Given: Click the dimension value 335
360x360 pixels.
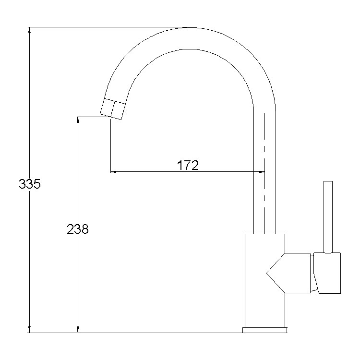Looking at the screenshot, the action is [30, 184].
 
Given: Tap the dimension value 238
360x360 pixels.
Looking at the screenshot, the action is [78, 229].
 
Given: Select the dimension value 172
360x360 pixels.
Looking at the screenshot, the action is [188, 165].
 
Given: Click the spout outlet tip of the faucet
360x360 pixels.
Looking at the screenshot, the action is [110, 117].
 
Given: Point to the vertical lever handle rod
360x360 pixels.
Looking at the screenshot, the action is [328, 217].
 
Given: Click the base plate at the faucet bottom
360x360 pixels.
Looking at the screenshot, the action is [264, 330].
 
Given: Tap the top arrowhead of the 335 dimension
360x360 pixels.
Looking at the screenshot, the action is [29, 30].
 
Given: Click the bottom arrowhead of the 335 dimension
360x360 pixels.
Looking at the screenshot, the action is [29, 330].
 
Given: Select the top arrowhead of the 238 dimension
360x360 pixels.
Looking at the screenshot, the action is [78, 120].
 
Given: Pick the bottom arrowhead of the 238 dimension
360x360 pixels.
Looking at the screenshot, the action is [78, 330].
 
